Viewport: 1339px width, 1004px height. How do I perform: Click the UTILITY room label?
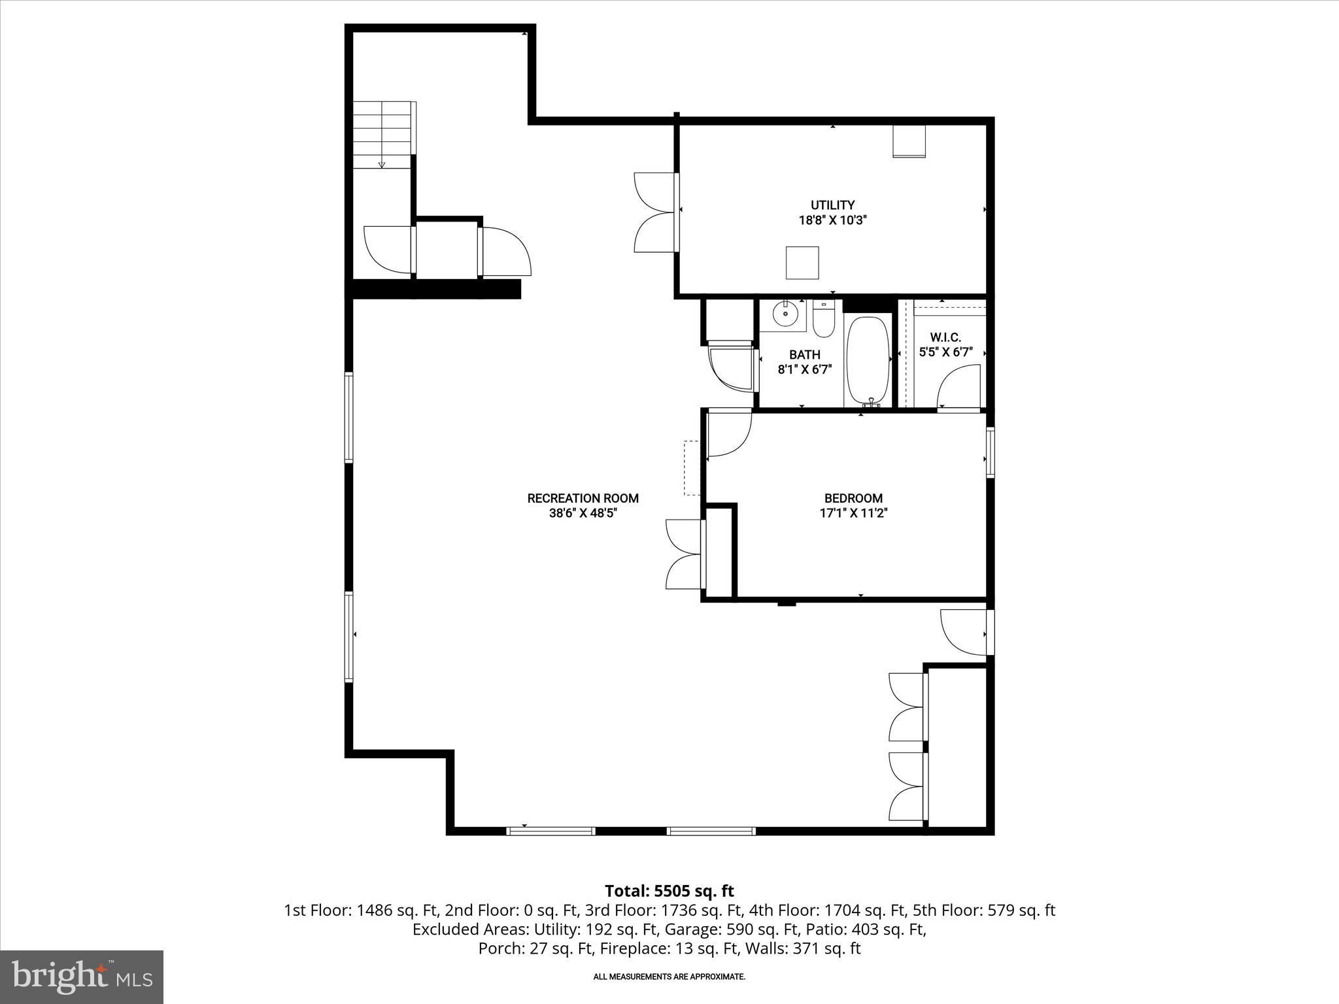click(x=832, y=205)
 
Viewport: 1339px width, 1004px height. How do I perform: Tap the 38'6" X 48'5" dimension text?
click(x=583, y=513)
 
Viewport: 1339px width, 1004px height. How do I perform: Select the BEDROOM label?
click(x=853, y=498)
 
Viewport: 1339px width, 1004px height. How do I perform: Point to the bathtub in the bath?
click(x=868, y=361)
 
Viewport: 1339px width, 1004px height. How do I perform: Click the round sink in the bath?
click(x=785, y=314)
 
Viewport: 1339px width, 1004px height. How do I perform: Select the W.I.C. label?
click(x=945, y=337)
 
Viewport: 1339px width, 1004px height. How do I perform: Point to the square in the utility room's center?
click(x=802, y=262)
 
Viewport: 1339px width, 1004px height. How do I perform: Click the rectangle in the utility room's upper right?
click(x=909, y=141)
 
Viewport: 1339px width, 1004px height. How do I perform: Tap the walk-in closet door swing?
click(x=958, y=387)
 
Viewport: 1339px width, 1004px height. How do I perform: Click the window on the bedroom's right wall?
click(x=991, y=452)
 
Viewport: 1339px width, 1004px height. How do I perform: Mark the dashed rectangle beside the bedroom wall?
click(x=692, y=468)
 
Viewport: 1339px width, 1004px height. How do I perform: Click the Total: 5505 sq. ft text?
click(x=669, y=891)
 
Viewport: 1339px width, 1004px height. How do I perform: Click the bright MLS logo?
click(x=82, y=977)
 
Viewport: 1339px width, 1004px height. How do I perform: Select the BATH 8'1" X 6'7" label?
click(x=804, y=361)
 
